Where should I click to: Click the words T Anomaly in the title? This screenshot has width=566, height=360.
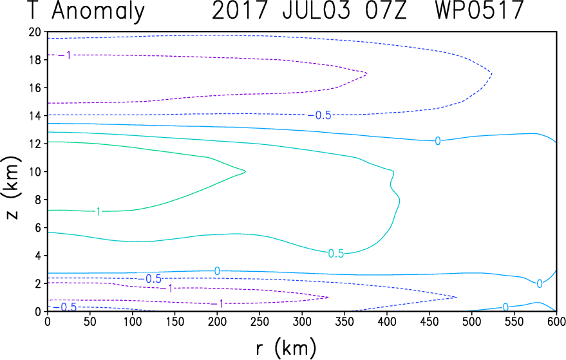(x=86, y=11)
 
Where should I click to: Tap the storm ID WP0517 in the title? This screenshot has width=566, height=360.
(x=479, y=10)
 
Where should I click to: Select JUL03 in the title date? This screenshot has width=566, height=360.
(x=316, y=10)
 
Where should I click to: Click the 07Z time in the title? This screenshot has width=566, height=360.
(x=386, y=10)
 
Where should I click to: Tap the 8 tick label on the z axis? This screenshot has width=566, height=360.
(x=37, y=200)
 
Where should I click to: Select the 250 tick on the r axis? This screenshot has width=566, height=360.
(x=259, y=321)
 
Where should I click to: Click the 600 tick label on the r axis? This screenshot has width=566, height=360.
(x=556, y=321)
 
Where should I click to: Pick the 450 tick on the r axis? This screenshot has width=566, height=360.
(x=429, y=321)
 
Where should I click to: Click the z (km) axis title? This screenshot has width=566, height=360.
(x=11, y=187)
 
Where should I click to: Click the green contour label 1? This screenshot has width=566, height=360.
(x=98, y=212)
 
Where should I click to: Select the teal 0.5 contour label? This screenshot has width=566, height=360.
(x=335, y=254)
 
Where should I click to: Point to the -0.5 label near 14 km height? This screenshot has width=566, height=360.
(x=320, y=115)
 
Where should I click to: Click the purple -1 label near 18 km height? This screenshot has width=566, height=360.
(x=65, y=55)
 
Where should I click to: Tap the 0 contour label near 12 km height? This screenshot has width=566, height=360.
(x=437, y=141)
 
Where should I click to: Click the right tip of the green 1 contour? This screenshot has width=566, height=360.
(x=245, y=171)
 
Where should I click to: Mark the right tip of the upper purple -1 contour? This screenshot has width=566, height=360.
(x=367, y=73)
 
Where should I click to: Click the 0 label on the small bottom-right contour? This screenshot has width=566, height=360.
(x=505, y=307)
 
